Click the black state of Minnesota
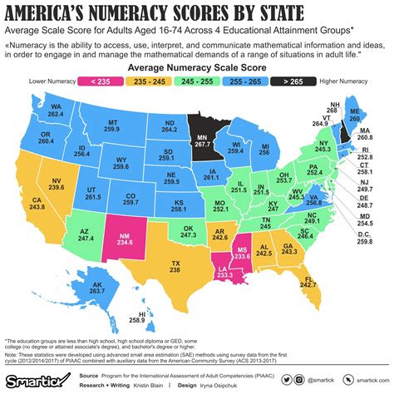(199, 134)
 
